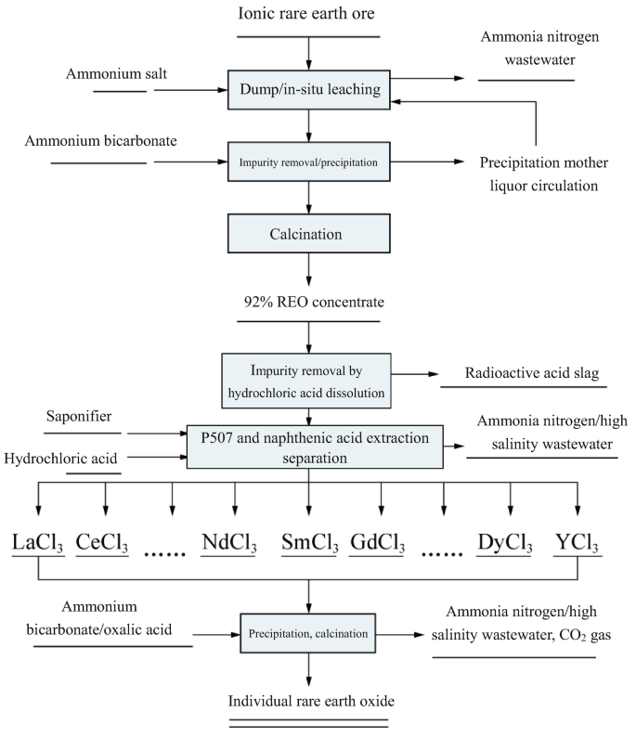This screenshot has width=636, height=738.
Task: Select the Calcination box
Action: point(308,234)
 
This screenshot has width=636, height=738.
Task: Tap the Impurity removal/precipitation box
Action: point(308,161)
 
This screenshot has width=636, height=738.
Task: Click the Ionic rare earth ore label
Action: point(308,17)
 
